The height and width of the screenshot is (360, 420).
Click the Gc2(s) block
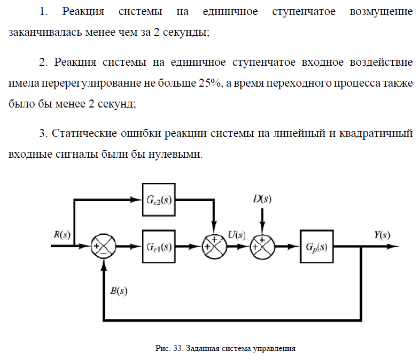(x=160, y=200)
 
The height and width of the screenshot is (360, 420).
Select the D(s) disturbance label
(x=262, y=200)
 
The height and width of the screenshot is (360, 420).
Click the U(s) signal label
(x=236, y=234)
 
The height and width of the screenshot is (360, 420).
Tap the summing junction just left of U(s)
(x=214, y=247)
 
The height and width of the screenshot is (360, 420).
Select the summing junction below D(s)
(x=262, y=247)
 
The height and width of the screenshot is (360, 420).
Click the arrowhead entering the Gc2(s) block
(x=138, y=200)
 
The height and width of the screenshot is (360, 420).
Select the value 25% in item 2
(x=211, y=84)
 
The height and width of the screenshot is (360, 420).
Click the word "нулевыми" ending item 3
(x=180, y=154)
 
